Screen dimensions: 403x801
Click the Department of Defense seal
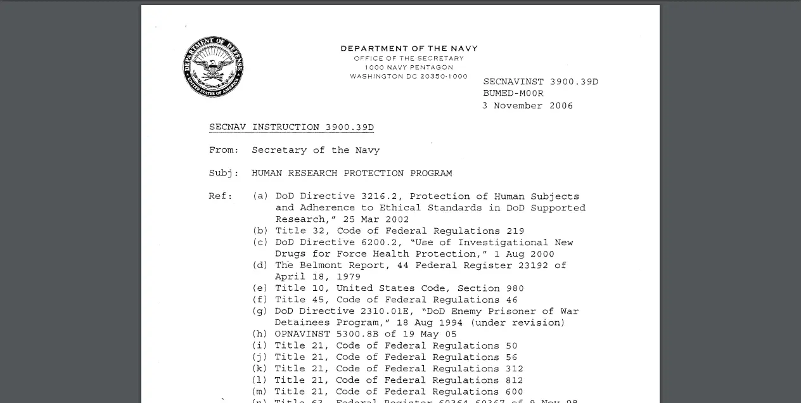coord(214,67)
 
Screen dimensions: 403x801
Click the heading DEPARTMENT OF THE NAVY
coord(409,48)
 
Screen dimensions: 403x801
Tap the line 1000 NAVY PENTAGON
coord(409,67)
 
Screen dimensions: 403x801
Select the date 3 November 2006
coord(527,106)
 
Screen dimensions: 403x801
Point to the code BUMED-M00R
coord(513,93)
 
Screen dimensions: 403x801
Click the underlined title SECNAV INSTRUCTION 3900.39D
coord(292,127)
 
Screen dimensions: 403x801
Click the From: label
coord(224,150)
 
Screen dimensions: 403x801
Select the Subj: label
coord(224,173)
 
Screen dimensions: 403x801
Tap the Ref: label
coord(221,196)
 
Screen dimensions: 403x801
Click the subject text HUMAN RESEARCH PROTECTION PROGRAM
coord(352,173)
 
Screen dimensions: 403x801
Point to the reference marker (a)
coord(260,196)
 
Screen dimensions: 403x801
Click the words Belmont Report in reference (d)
coord(342,265)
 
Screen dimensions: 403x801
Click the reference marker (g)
coord(260,311)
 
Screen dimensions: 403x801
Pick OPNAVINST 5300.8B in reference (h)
coord(326,334)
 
